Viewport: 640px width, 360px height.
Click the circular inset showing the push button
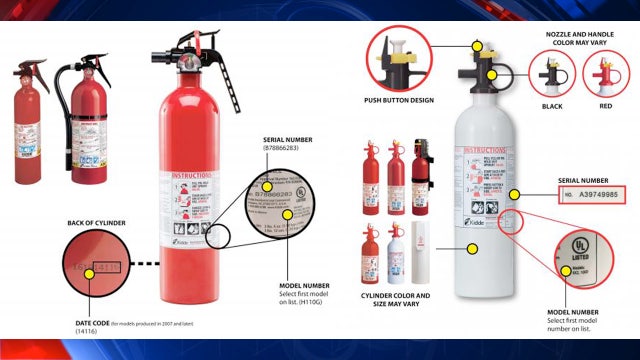(x=402, y=59)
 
